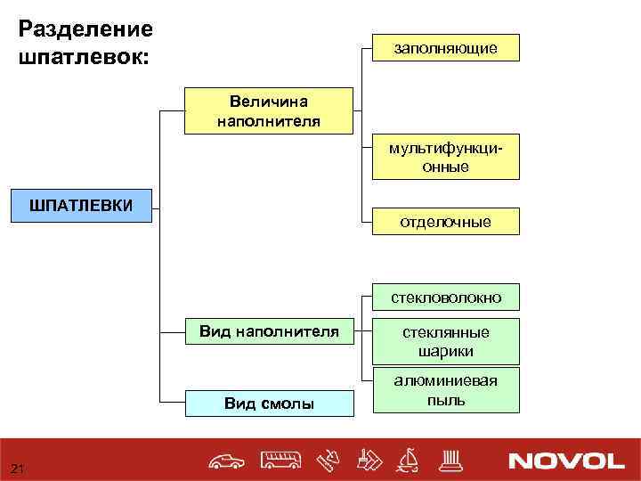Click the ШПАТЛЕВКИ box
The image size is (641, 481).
pos(81,206)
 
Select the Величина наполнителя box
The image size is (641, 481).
pos(269,110)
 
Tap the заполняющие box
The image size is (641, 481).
pos(445,47)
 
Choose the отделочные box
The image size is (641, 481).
pos(445,222)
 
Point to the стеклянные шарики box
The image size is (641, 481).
pos(445,341)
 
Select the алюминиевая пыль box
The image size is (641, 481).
pos(445,390)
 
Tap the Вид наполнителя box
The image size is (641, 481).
pos(269,332)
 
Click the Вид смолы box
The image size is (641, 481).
pos(269,404)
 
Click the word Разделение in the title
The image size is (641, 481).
pos(85,29)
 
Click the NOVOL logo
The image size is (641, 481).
pos(566,461)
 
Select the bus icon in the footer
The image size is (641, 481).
pos(281,460)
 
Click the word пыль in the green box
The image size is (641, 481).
pos(445,400)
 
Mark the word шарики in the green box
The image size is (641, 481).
pos(445,351)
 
